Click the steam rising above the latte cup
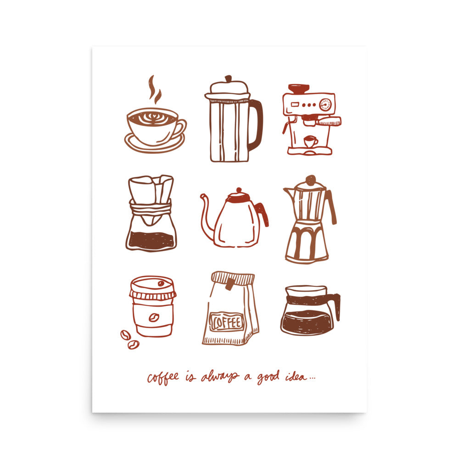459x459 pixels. pos(154,90)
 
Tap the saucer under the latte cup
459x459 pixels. pos(154,145)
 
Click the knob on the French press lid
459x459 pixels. pos(228,79)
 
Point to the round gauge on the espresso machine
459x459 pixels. pos(325,105)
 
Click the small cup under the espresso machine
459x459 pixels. pos(311,141)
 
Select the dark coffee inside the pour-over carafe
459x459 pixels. pos(151,240)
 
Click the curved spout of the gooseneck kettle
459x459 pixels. pos(206,216)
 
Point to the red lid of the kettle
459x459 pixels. pos(239,196)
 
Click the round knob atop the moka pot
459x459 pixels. pos(311,179)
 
